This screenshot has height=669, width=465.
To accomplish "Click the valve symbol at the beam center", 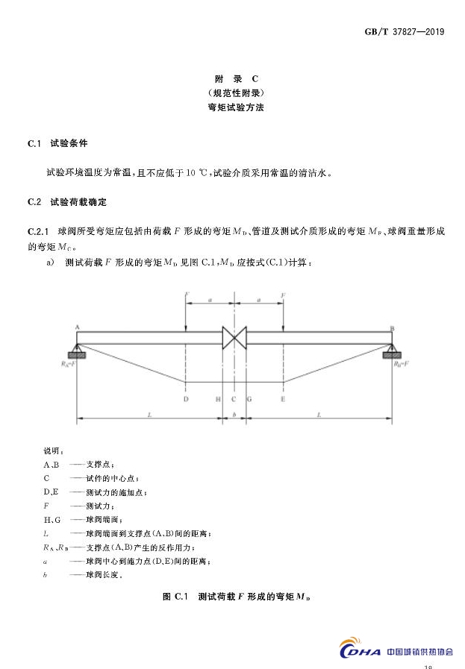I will [234, 337].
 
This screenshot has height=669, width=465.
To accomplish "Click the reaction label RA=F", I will [72, 365].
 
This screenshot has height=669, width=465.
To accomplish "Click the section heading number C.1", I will [34, 142].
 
